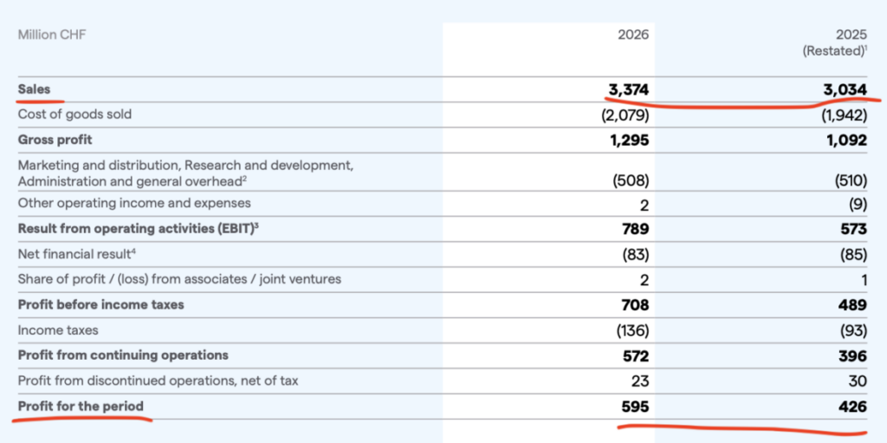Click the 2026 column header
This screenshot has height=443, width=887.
click(x=633, y=36)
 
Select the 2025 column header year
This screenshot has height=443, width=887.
click(x=851, y=36)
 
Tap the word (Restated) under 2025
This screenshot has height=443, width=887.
click(x=832, y=51)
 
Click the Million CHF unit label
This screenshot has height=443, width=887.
click(x=52, y=36)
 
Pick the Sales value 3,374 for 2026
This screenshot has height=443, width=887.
click(x=629, y=89)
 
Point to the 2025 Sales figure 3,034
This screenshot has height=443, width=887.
click(x=846, y=89)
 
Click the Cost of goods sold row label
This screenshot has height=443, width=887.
click(x=74, y=114)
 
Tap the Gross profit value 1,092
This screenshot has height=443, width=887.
click(x=846, y=140)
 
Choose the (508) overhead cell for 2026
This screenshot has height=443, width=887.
click(x=631, y=181)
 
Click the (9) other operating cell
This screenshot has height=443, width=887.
click(x=858, y=204)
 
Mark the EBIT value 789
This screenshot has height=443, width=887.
click(x=636, y=229)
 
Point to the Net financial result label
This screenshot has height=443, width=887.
click(x=77, y=254)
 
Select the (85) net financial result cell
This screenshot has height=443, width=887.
click(x=853, y=255)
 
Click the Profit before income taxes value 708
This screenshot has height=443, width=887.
click(x=636, y=305)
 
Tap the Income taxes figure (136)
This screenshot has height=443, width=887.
click(x=631, y=330)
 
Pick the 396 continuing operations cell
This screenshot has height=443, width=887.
click(x=853, y=355)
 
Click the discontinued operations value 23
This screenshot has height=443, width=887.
click(x=640, y=381)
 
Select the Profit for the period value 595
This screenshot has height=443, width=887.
click(x=636, y=407)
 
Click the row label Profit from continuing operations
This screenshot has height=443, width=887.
click(x=123, y=355)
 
